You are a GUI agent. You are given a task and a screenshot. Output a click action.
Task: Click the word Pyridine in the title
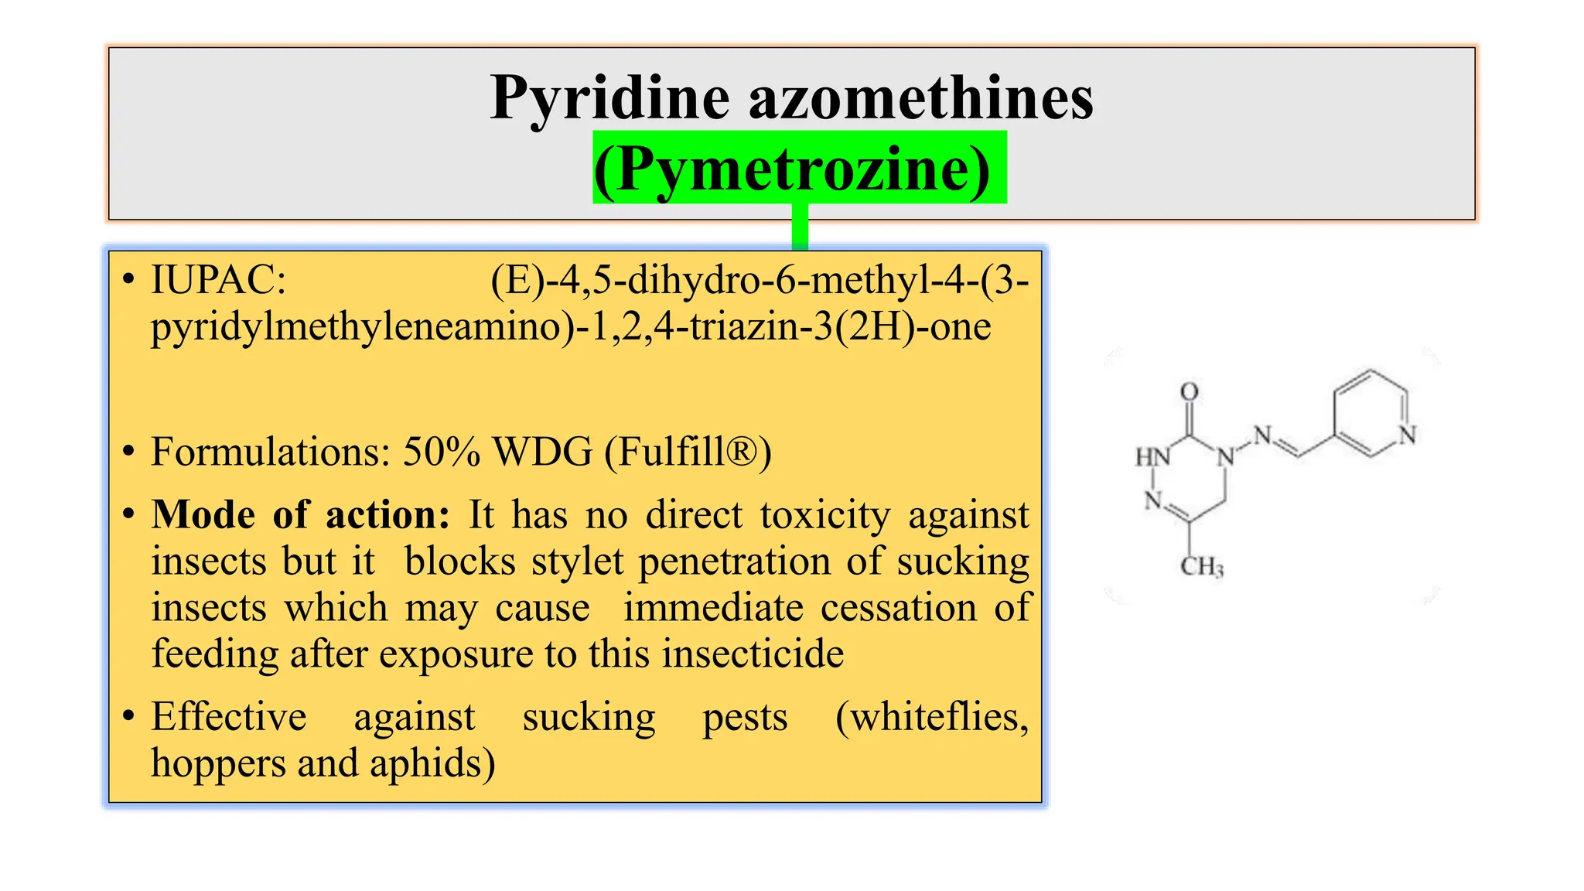pos(610,99)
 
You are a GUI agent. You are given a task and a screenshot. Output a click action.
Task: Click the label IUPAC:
pos(219,280)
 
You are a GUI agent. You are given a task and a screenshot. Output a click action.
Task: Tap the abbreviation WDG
pos(543,452)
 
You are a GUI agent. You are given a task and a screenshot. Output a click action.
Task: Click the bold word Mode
pos(203,515)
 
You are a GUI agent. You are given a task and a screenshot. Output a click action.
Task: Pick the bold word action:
pos(387,515)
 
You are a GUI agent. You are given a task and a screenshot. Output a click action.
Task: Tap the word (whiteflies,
pos(932,717)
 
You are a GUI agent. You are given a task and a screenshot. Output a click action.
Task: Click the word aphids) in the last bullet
pos(432,764)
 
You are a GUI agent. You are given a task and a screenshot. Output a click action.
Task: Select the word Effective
pos(229,717)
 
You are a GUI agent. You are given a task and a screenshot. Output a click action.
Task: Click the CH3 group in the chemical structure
pos(1201,567)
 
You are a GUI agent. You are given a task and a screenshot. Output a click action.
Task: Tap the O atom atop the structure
pos(1190,392)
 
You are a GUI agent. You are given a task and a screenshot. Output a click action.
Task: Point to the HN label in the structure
pos(1152,457)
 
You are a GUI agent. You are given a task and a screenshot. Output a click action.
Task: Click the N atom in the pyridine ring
pos(1407,435)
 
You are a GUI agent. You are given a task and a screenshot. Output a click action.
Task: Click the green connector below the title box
pos(800,227)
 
